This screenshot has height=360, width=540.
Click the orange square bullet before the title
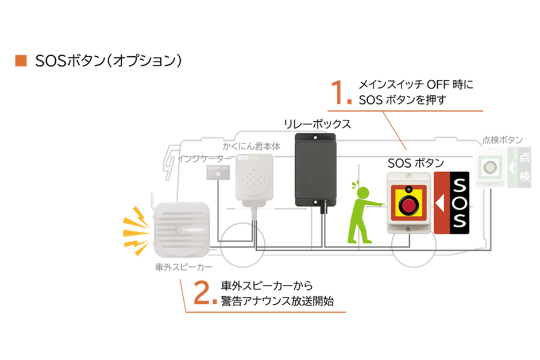(21, 60)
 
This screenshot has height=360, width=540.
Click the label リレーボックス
(317, 123)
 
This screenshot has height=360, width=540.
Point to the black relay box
(314, 169)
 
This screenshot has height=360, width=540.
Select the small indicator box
(218, 171)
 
